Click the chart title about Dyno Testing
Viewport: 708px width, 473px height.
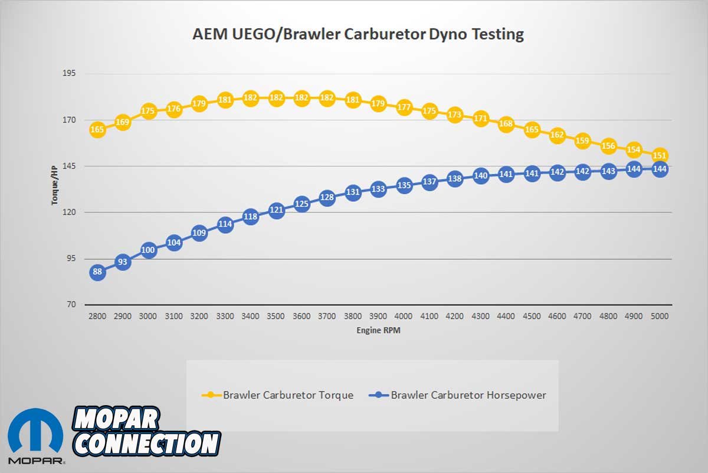[x=358, y=34]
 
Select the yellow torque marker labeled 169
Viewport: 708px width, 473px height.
[x=123, y=123]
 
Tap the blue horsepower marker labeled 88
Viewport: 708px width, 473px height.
[x=97, y=272]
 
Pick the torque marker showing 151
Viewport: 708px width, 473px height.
[x=660, y=156]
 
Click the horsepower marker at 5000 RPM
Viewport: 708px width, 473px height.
[x=660, y=169]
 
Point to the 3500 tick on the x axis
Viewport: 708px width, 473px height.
[x=276, y=317]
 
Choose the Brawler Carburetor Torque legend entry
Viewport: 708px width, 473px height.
[x=278, y=395]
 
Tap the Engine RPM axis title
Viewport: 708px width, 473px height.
[x=378, y=331]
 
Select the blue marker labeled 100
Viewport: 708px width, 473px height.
[x=148, y=250]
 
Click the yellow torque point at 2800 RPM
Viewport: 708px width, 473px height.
[x=97, y=130]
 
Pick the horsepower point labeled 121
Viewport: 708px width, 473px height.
[x=276, y=210]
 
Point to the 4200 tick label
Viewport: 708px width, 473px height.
[x=455, y=317]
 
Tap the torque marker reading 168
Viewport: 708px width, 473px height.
[x=506, y=124]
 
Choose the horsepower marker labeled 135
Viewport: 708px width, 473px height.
[x=404, y=185]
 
